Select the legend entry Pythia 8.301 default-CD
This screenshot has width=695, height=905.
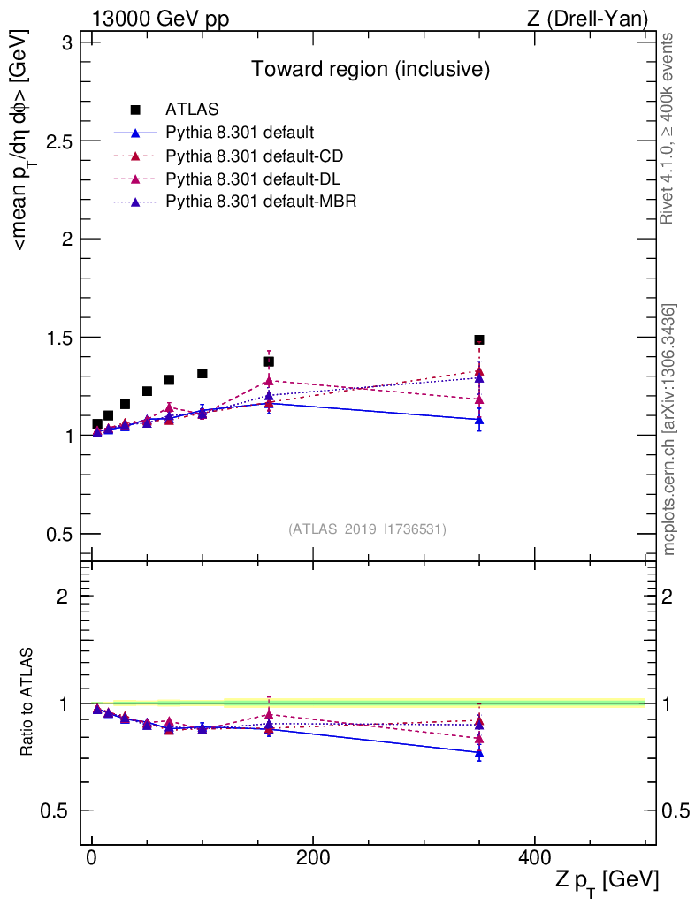click(255, 156)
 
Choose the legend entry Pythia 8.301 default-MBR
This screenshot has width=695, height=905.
click(260, 202)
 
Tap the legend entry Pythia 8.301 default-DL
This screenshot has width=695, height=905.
click(254, 179)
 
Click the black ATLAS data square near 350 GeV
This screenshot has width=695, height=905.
click(479, 340)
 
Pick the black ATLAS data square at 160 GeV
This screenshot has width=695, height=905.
click(269, 361)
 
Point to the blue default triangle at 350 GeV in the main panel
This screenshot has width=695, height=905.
click(479, 420)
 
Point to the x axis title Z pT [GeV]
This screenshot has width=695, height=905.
click(607, 880)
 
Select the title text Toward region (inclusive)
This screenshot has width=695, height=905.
click(370, 69)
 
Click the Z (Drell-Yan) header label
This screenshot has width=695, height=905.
click(584, 19)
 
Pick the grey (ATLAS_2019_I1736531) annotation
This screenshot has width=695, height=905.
click(367, 529)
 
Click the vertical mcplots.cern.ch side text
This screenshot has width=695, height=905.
click(670, 430)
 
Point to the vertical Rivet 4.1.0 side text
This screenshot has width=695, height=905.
click(668, 129)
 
